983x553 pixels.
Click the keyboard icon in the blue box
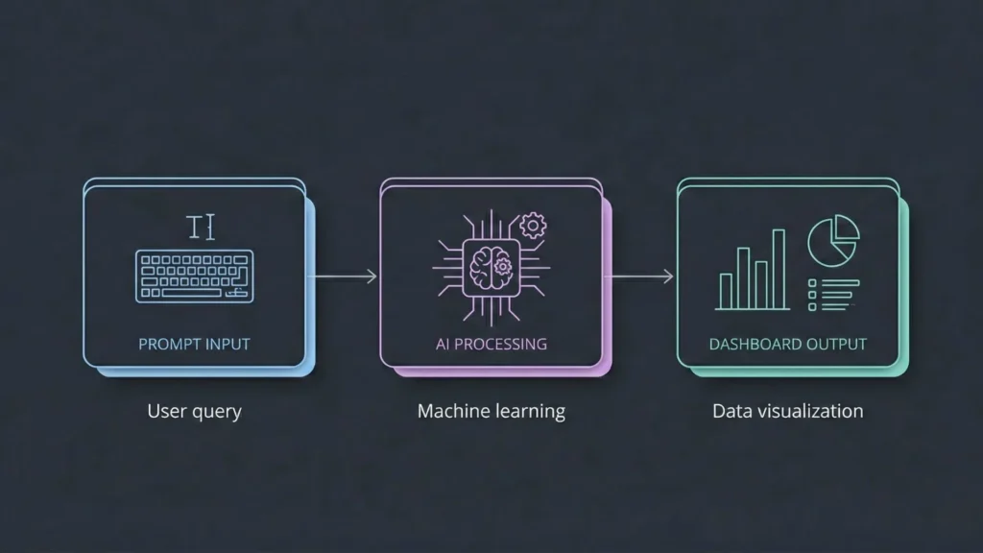pyautogui.click(x=195, y=276)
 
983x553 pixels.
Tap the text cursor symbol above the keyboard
pyautogui.click(x=201, y=228)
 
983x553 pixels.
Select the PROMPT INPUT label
pyautogui.click(x=194, y=344)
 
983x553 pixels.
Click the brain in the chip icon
pyautogui.click(x=491, y=266)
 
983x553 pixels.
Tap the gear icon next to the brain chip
pyautogui.click(x=532, y=227)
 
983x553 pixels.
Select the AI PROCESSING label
pyautogui.click(x=491, y=344)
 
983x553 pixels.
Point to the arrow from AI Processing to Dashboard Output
pyautogui.click(x=641, y=276)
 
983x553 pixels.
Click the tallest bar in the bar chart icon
pyautogui.click(x=779, y=269)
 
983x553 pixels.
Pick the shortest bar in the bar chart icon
pyautogui.click(x=727, y=291)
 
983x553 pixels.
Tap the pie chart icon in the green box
pyautogui.click(x=832, y=238)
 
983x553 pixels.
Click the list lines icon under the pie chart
pyautogui.click(x=831, y=295)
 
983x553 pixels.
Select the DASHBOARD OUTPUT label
pyautogui.click(x=787, y=344)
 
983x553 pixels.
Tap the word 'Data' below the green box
pyautogui.click(x=731, y=411)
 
